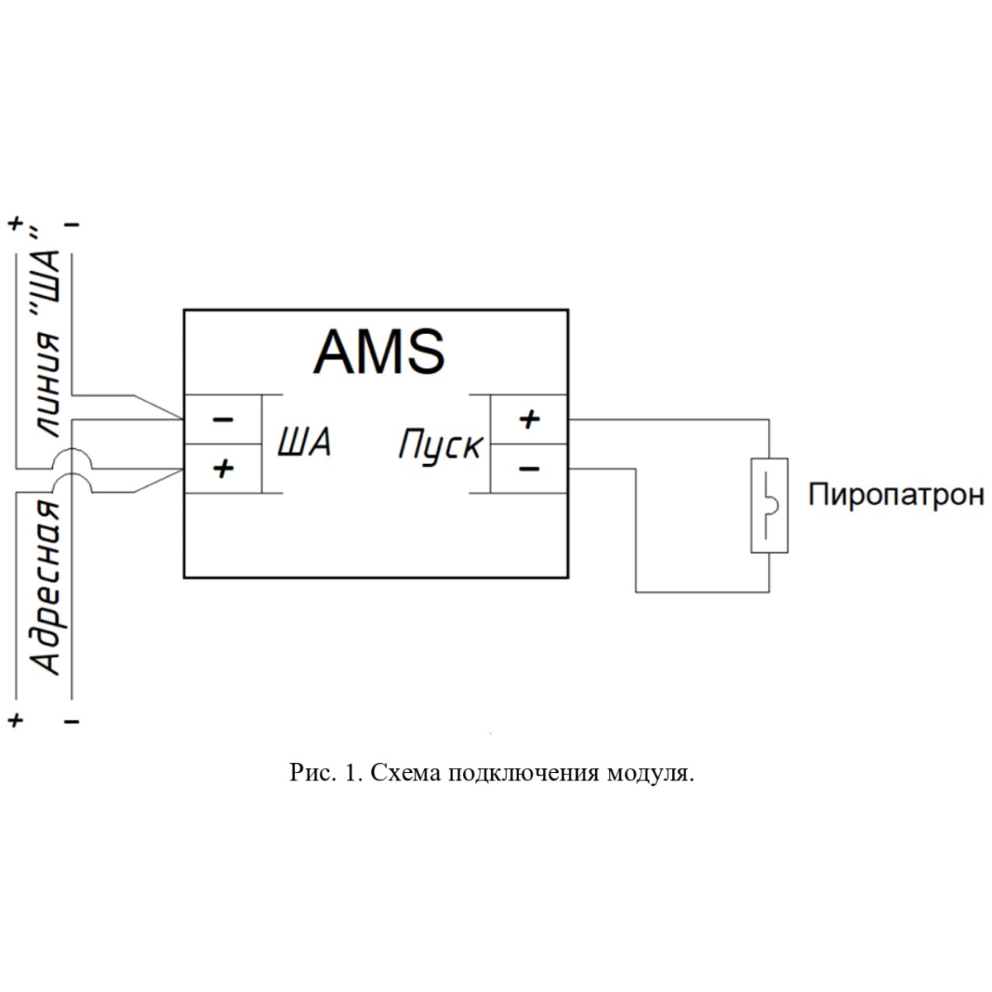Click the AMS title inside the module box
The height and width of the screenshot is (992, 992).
click(379, 352)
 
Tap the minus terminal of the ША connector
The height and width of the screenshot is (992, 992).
click(223, 420)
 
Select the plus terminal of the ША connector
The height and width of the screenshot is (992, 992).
click(223, 469)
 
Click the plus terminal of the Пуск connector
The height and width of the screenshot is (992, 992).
click(529, 420)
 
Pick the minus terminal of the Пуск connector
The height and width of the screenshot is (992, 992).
click(529, 469)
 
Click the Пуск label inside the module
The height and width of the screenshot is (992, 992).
click(441, 445)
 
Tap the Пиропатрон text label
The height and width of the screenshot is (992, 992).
click(896, 495)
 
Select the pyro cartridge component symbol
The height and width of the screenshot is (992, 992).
click(769, 506)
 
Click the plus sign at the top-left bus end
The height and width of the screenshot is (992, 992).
click(16, 224)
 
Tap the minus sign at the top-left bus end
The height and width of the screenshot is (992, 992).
click(72, 225)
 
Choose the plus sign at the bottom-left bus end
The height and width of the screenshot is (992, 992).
click(16, 720)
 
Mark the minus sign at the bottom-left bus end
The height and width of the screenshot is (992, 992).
click(72, 721)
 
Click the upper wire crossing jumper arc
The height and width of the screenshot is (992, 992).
click(72, 449)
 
